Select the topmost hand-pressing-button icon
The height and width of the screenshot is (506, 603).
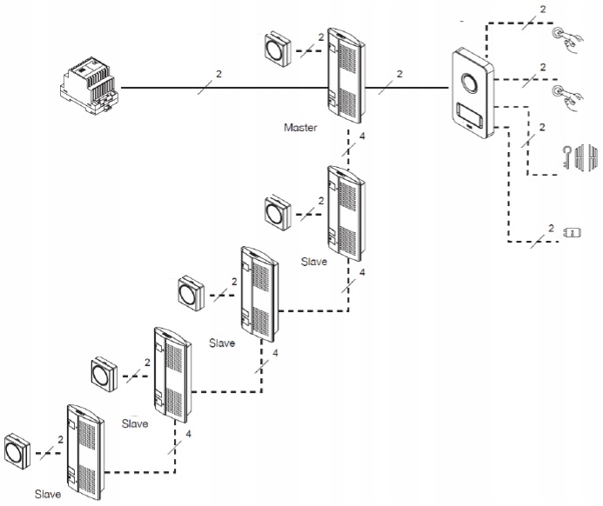click(x=563, y=38)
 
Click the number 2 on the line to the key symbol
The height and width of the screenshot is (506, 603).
click(x=542, y=127)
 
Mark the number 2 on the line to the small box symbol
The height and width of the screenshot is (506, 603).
click(x=549, y=227)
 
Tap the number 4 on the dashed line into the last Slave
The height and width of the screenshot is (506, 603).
click(x=188, y=432)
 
